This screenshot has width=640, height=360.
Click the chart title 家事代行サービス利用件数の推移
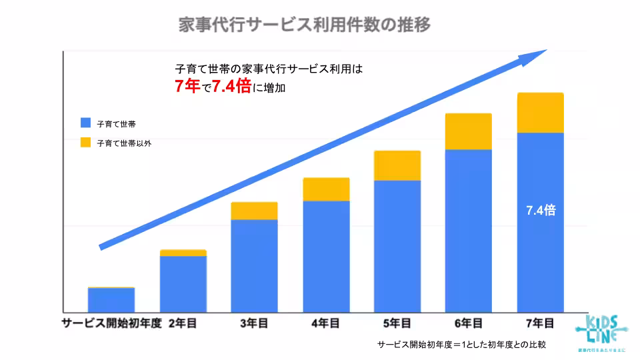coord(305,25)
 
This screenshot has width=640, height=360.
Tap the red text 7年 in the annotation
coord(187,86)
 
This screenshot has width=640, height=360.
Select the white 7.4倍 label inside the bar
coord(540,211)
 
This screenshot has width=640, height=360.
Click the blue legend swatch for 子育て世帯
coord(85,123)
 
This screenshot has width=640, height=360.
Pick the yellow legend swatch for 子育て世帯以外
coord(85,142)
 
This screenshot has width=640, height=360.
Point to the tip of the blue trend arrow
coord(544,51)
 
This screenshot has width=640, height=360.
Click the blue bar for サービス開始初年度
coord(111,300)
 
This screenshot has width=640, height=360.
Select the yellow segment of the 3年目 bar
coord(254,211)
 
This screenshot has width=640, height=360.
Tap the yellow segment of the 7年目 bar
coord(540,113)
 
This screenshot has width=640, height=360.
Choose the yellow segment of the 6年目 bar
coord(468,131)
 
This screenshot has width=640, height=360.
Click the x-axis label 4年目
coord(325,323)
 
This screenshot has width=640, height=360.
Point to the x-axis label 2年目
coord(183,323)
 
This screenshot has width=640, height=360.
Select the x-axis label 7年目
coord(540,323)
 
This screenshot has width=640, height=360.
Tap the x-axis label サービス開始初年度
coord(111,323)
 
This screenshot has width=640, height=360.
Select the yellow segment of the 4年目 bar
coord(326,189)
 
